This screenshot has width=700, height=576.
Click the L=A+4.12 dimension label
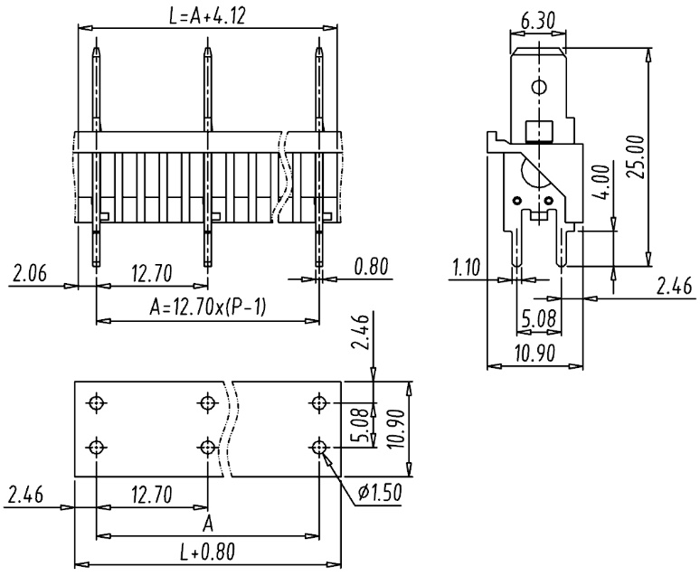207,17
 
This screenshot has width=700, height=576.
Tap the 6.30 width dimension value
537,22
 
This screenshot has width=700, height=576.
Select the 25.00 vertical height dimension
636,156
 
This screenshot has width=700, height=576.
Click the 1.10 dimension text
466,268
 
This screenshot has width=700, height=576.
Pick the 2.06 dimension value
30,273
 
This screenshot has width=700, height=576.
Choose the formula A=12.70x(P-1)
207,307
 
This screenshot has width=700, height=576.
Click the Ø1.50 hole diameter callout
380,492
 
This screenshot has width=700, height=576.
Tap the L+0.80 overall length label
207,552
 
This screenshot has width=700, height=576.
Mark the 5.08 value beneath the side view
538,319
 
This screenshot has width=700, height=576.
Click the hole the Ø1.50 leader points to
318,447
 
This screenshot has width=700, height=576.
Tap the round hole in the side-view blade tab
539,86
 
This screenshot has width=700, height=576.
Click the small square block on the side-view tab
539,131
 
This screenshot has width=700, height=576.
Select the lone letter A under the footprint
208,524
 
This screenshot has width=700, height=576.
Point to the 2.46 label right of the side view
673,286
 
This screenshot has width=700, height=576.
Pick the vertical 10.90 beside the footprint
395,429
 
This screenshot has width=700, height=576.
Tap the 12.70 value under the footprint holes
151,495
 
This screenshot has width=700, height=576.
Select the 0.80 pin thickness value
372,266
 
